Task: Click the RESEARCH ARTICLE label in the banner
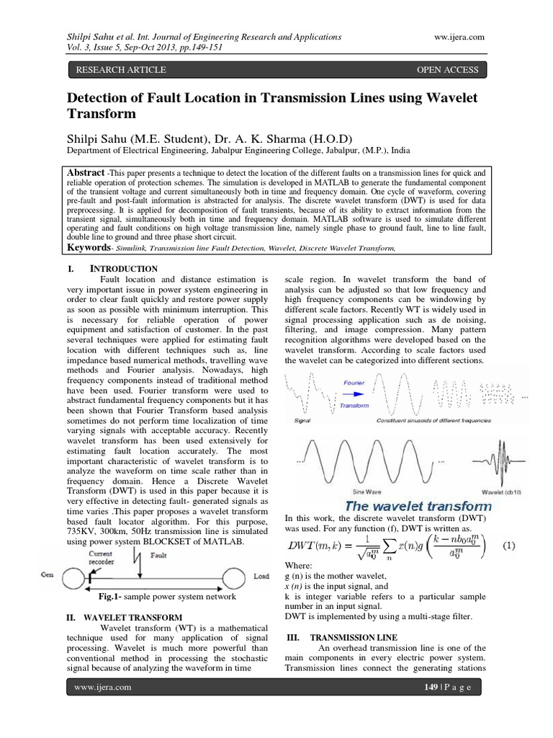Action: click(117, 70)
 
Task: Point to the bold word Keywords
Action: click(90, 247)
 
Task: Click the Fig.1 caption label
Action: click(111, 597)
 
